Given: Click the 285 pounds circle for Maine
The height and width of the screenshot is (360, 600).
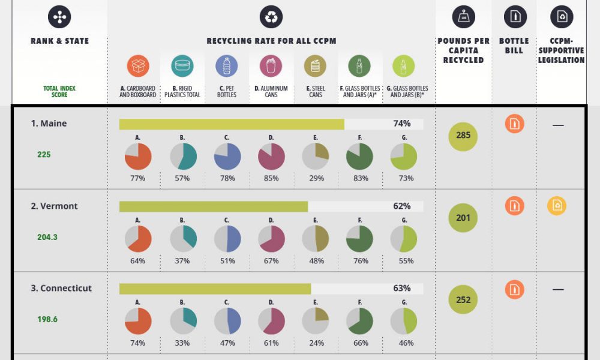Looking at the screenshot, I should pos(463,136).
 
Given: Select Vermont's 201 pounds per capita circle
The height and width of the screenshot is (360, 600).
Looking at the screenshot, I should pos(463,218).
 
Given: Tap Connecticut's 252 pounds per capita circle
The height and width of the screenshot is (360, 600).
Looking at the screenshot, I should pos(463,300).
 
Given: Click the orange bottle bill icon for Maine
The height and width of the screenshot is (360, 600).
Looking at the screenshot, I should pos(514,124).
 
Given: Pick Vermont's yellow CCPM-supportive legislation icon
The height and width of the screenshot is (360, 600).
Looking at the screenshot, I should pos(557,206).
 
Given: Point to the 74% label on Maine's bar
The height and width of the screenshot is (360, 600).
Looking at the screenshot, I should pos(401,124).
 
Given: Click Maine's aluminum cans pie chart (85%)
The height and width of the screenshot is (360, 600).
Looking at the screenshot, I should pos(271,157).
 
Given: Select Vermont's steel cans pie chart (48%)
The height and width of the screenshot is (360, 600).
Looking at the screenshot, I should pos(316,239).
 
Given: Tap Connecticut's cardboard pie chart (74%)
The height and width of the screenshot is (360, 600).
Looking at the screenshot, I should pos(138,321).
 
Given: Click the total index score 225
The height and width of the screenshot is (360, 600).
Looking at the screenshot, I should pos(44,154).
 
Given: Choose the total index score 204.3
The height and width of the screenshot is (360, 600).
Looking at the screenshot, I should pos(47,237).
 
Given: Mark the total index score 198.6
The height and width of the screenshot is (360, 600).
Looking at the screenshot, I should pos(47,319).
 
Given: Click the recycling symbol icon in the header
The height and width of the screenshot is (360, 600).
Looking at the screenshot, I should pos(271,17).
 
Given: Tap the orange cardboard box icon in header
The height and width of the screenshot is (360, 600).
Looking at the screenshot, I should pos(138,66).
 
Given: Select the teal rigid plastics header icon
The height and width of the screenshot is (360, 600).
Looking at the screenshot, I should pos(182,66).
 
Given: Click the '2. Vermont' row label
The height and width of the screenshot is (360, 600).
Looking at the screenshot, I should pos(54,206).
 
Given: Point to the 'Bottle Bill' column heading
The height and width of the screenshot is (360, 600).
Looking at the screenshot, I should pos(514,46).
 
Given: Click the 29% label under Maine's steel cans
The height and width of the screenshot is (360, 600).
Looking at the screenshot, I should pos(316,178).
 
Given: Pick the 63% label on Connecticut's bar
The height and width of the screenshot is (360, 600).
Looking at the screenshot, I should pos(401,288).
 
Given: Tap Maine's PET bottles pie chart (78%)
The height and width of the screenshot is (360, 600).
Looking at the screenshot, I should pos(227,157).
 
